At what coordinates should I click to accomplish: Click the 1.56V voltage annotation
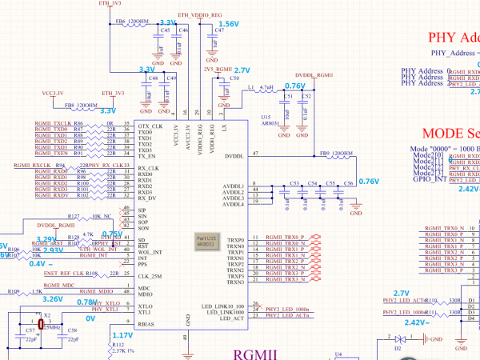point(229,25)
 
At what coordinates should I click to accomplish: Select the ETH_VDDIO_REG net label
point(200,15)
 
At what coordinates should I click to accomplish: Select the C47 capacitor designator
point(219,30)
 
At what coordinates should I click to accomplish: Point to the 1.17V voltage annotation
point(122,335)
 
